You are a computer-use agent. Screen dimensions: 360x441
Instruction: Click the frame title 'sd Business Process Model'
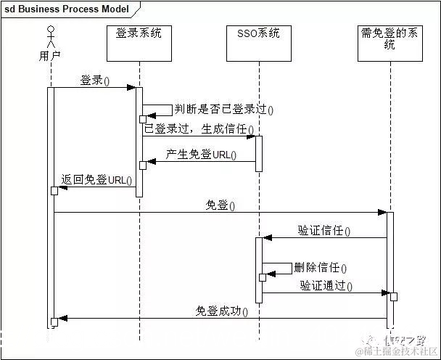tap(67, 9)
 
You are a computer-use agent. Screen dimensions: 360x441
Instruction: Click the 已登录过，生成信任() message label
tap(199, 129)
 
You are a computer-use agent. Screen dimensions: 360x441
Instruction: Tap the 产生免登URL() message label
tap(201, 155)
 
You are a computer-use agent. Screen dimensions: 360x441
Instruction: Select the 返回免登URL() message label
tap(96, 180)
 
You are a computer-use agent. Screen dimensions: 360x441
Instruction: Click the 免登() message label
tap(220, 206)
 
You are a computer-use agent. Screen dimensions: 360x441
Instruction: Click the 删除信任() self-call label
tap(320, 268)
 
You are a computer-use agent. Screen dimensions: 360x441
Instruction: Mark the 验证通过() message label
tap(326, 286)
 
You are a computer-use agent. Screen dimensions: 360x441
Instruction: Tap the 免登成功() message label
tap(221, 311)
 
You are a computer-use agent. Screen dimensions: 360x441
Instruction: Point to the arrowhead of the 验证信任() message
tap(266, 237)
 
